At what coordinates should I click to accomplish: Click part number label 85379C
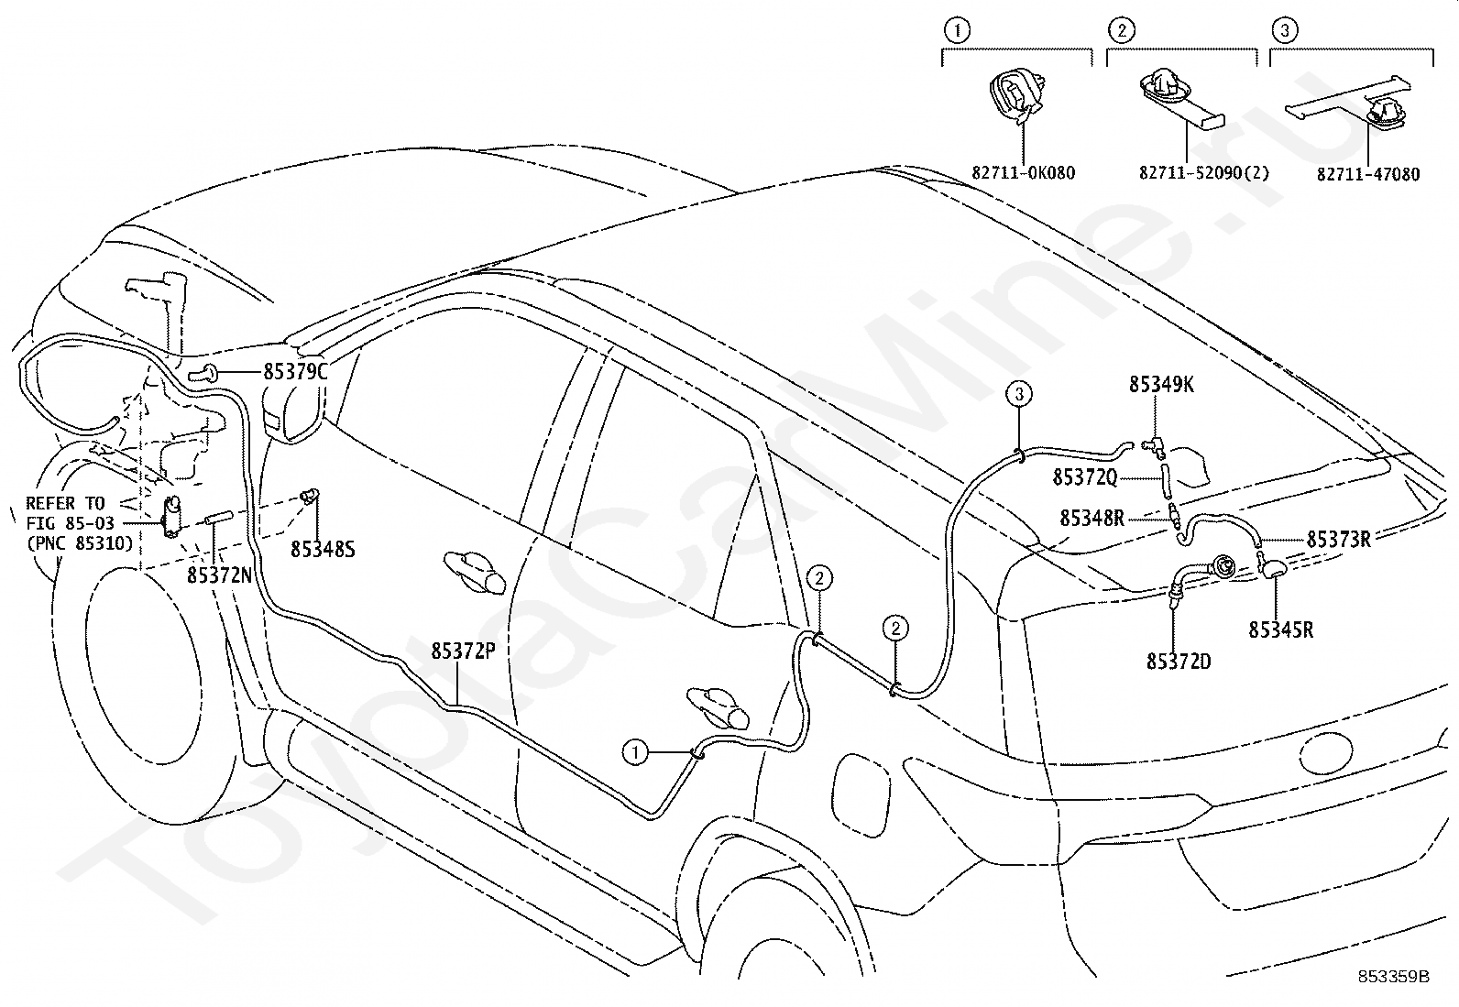(x=295, y=372)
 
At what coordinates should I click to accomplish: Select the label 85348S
(x=323, y=550)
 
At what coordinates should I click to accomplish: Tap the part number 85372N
(x=220, y=575)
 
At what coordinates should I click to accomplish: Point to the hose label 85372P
(x=463, y=651)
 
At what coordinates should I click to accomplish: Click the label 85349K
(x=1161, y=385)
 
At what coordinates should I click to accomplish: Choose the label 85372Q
(x=1085, y=478)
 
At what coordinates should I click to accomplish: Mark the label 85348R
(x=1092, y=519)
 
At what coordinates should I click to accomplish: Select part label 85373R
(x=1339, y=540)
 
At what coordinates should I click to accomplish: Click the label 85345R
(x=1280, y=629)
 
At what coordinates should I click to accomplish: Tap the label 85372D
(x=1179, y=662)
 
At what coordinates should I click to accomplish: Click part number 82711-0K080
(x=1024, y=173)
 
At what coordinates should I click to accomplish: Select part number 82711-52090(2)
(x=1204, y=173)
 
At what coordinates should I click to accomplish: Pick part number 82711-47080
(x=1367, y=175)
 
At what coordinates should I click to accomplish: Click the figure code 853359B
(x=1393, y=994)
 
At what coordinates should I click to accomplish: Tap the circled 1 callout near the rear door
(x=636, y=752)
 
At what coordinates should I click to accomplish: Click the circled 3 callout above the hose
(x=1019, y=393)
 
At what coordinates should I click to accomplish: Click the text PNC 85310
(x=80, y=543)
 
